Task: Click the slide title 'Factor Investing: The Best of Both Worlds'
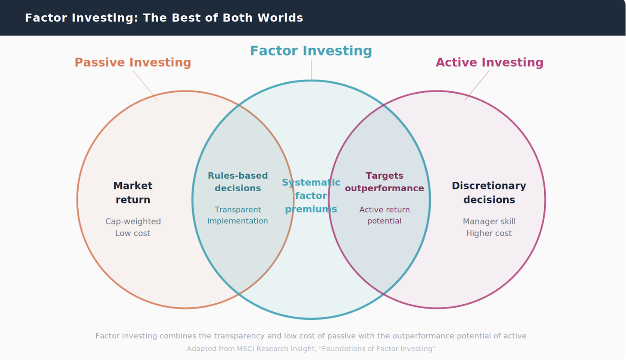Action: (x=164, y=18)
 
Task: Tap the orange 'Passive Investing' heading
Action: (x=133, y=63)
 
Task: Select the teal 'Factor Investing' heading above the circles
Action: (x=311, y=51)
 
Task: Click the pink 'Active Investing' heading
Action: (x=489, y=63)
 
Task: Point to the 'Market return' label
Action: (x=133, y=193)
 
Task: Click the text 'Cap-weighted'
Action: (x=133, y=221)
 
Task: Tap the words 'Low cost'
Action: (x=133, y=234)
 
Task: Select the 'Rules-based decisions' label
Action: (x=237, y=182)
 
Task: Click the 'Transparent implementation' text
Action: (x=237, y=215)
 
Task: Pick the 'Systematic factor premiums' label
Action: (x=311, y=196)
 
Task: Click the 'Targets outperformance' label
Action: (x=384, y=182)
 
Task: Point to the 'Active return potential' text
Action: (x=384, y=215)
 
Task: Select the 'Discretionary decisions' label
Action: (x=489, y=193)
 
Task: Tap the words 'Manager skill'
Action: (x=489, y=221)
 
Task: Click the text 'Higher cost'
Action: (x=489, y=234)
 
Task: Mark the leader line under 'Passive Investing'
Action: (x=145, y=85)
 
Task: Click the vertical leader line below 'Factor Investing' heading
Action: (x=311, y=70)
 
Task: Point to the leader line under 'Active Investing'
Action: (x=477, y=85)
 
